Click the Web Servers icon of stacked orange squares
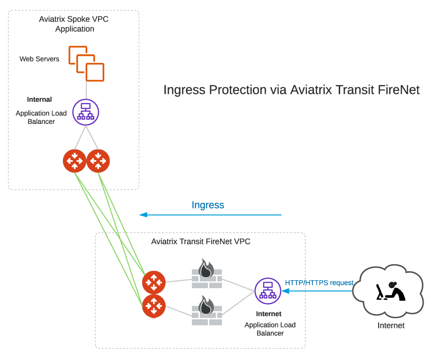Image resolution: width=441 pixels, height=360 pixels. (86, 63)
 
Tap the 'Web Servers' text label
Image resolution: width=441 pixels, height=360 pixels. (39, 59)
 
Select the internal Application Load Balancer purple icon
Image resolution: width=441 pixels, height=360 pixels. (85, 112)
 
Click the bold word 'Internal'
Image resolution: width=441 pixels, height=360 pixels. (39, 100)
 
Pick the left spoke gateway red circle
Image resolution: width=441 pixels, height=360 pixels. (75, 161)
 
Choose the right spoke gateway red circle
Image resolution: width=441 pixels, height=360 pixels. (98, 161)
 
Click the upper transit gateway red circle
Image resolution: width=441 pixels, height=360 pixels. (154, 283)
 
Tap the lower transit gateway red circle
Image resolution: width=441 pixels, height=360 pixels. (154, 306)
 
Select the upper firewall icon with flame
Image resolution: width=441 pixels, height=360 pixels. (206, 274)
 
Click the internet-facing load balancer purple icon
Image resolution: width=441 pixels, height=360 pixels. (268, 291)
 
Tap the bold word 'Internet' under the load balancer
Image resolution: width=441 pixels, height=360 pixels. (269, 314)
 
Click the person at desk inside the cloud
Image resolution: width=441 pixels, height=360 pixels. (391, 291)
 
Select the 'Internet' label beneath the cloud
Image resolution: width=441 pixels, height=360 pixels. (391, 325)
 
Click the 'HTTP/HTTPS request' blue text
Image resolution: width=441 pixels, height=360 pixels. (319, 283)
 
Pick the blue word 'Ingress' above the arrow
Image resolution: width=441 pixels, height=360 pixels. (208, 205)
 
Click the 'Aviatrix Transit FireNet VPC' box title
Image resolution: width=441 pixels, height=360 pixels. (201, 242)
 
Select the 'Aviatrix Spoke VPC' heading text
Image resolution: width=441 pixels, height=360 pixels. (74, 20)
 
